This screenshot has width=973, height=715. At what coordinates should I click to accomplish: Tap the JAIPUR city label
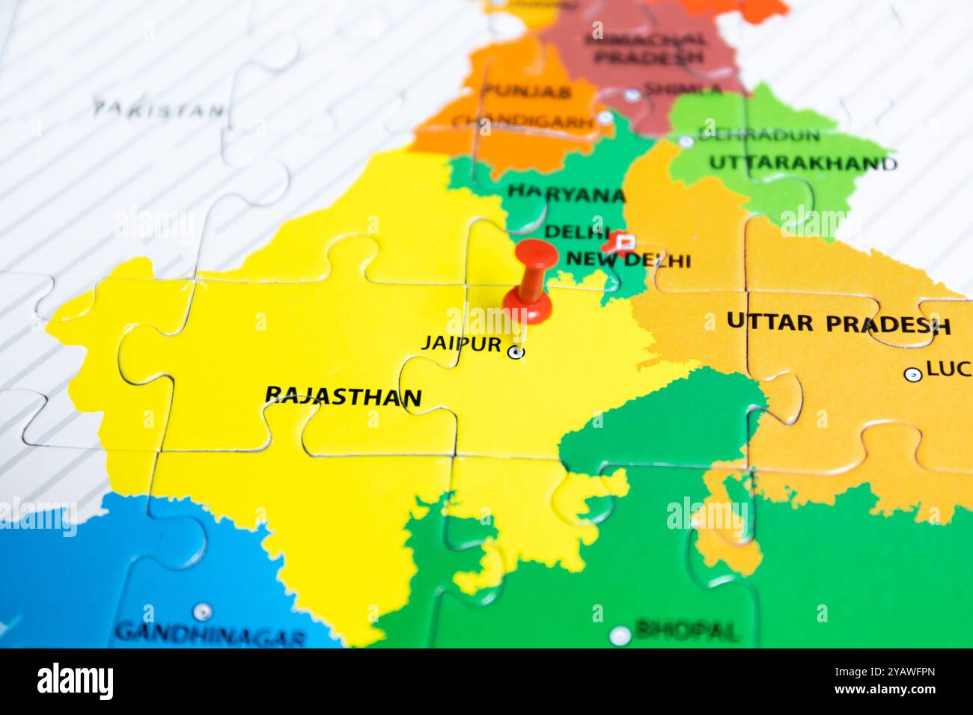tap(460, 343)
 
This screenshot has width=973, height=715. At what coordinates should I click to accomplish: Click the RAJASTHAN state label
tap(344, 396)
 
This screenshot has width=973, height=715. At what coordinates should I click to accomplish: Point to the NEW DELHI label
tap(628, 260)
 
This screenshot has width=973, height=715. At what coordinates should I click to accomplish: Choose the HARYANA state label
tap(566, 194)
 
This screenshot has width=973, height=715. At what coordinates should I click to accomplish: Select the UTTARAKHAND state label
tap(802, 162)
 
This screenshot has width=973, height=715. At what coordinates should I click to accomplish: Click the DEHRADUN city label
tap(758, 135)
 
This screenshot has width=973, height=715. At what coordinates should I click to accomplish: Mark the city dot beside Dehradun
tap(685, 141)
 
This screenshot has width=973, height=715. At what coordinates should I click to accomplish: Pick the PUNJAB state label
tap(527, 92)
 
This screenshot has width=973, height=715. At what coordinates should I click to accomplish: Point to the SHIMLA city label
tap(682, 90)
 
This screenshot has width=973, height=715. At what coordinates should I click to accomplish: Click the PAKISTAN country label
tap(159, 109)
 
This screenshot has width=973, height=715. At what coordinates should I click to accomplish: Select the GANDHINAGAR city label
tap(210, 635)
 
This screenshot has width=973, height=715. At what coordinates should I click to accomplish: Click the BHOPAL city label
tap(686, 630)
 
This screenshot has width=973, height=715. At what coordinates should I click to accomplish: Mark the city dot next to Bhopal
tap(619, 635)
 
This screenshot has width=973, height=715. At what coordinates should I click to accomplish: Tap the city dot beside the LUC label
tap(912, 375)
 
